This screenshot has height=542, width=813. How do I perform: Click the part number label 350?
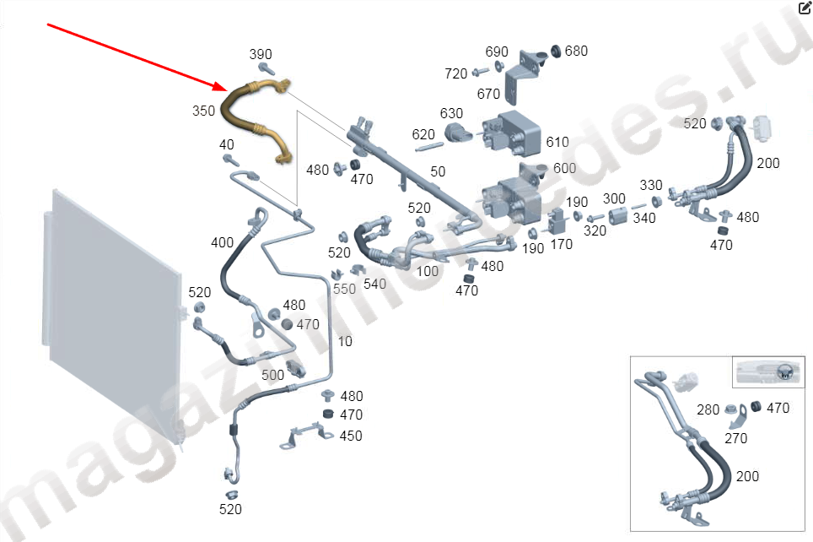pos(203,111)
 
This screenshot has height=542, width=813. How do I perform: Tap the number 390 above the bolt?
pos(261,55)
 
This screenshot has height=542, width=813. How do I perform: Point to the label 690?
pos(497,52)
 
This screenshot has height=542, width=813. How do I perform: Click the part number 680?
pos(576,51)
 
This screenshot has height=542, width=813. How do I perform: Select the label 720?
pos(455,74)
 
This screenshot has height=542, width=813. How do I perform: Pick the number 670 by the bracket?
pos(488,94)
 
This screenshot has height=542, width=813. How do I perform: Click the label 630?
pos(451,113)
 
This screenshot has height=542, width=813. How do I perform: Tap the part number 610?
pos(557,142)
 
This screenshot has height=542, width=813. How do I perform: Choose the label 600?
pos(564,168)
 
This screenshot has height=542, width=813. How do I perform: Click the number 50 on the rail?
pos(438,172)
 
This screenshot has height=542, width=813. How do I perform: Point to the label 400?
pos(222,243)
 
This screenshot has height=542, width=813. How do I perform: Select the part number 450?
pos(351,436)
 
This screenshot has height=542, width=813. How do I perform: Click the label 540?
pos(374,284)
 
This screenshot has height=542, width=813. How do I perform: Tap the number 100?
pos(428,271)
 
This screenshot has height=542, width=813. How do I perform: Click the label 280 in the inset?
pos(708,410)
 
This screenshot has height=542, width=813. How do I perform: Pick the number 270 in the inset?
pos(736,438)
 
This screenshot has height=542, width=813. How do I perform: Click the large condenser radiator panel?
pos(110,312)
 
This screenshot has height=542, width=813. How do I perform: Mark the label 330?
pos(651,185)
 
